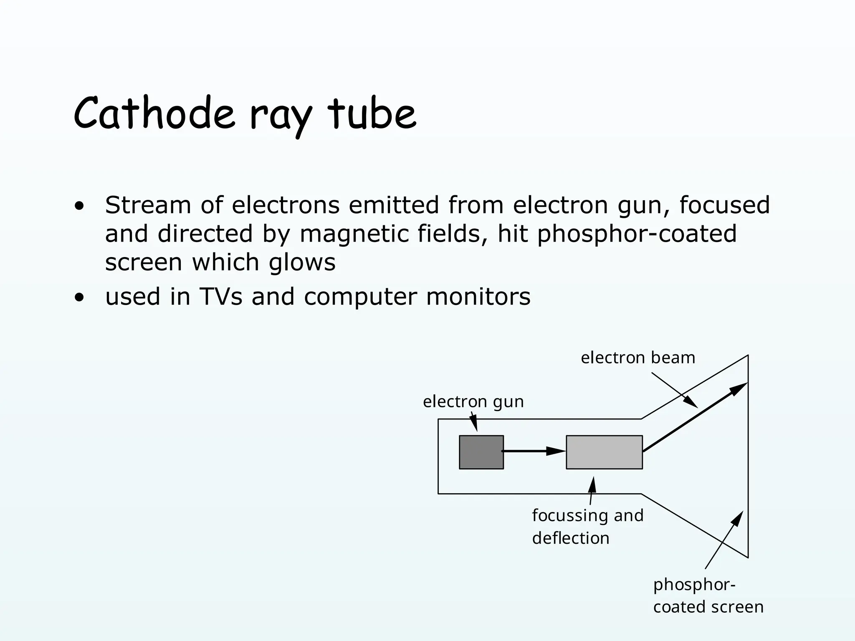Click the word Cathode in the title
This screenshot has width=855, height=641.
pyautogui.click(x=154, y=114)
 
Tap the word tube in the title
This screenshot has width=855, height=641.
pyautogui.click(x=372, y=114)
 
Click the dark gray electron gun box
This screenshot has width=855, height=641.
pyautogui.click(x=481, y=452)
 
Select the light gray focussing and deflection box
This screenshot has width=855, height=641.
pyautogui.click(x=604, y=452)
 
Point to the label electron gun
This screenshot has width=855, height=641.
pyautogui.click(x=473, y=401)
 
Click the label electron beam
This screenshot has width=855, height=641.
pyautogui.click(x=637, y=358)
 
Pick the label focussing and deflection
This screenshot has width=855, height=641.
pyautogui.click(x=587, y=527)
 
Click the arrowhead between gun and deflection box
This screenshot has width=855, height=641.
pyautogui.click(x=556, y=451)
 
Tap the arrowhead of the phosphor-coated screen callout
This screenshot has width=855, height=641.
pyautogui.click(x=738, y=518)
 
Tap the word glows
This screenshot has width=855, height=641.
pyautogui.click(x=302, y=262)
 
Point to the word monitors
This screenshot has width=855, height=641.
pyautogui.click(x=478, y=297)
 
